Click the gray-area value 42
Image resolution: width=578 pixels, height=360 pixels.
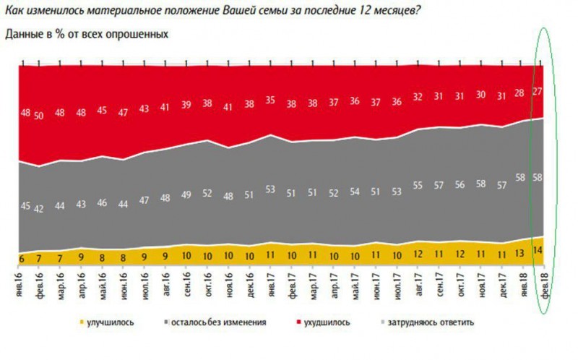point(40,209)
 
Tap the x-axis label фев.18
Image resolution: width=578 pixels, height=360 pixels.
point(542,284)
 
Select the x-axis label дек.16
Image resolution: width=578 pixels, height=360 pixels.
point(250,285)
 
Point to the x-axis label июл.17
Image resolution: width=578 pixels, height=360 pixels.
point(397,285)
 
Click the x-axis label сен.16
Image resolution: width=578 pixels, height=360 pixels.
point(187,285)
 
